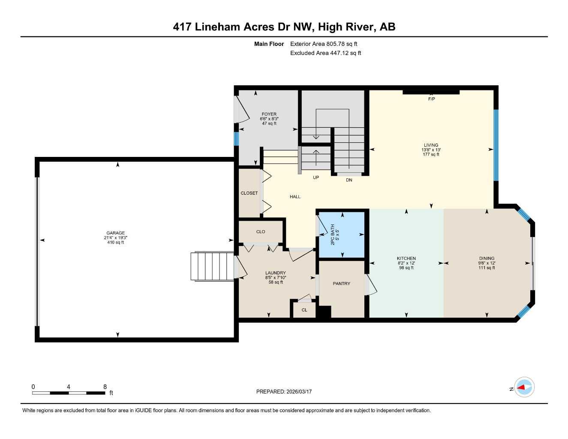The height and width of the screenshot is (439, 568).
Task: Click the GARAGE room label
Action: coord(116,233)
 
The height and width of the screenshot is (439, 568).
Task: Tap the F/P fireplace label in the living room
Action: coord(431,99)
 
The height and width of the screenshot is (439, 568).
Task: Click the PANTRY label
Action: coord(341,283)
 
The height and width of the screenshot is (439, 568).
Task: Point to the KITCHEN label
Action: coord(406,259)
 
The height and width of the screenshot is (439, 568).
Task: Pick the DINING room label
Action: coord(487,259)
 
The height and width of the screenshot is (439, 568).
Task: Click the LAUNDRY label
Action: coord(275,273)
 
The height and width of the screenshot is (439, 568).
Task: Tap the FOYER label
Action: coord(269,114)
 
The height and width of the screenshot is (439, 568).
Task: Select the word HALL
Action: coord(295,197)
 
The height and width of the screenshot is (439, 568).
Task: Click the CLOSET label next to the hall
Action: coord(249,193)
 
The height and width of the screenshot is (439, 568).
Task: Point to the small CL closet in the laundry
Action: coord(304,310)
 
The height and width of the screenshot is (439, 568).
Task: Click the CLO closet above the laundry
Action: coord(261,232)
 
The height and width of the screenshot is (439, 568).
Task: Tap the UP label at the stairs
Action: coord(316,177)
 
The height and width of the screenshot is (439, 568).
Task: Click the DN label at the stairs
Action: coord(349,180)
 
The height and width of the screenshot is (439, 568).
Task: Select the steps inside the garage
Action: coord(212,266)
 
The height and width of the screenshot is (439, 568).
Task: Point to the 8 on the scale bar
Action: coord(105,387)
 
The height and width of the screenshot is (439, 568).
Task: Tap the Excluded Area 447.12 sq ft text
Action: coord(325,53)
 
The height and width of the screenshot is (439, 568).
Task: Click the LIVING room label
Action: coord(431,145)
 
